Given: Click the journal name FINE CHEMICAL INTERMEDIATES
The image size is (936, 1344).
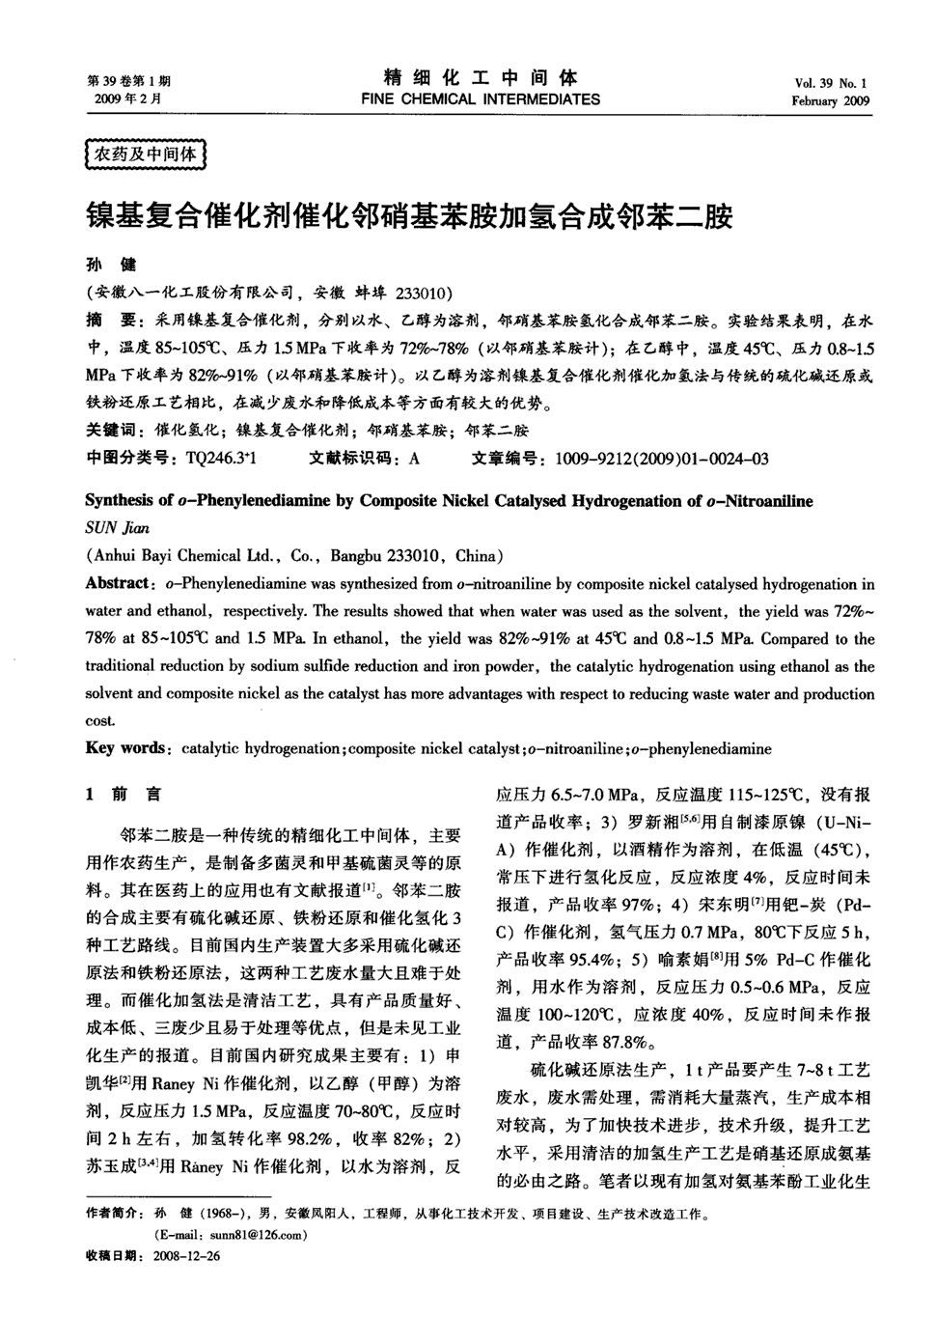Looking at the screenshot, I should point(480,98).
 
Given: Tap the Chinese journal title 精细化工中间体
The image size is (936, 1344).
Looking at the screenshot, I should point(480,77).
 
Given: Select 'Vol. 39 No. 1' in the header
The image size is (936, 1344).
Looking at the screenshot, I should point(831,83).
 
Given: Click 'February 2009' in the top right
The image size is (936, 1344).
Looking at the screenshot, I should point(830,100).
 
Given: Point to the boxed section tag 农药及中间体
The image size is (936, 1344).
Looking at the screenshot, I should point(145,154).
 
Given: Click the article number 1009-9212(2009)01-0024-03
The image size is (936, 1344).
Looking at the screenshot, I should point(662,458).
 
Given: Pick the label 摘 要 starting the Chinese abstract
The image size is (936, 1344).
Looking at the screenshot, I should point(109,319).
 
